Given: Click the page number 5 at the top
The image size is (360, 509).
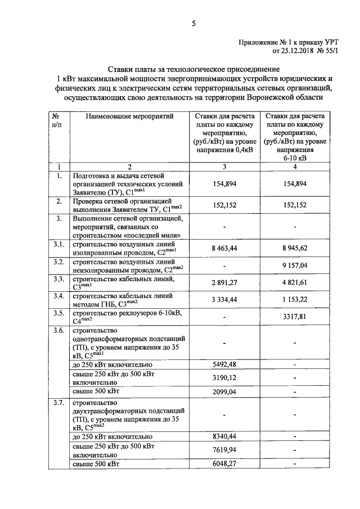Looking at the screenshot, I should pos(193,23).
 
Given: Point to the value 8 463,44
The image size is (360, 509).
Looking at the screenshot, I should pos(225,247).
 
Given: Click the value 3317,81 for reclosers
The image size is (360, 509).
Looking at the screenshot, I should pos(295,317).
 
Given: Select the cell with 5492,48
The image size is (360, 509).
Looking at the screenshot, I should pos(225,364).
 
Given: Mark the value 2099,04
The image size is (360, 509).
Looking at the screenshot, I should pos(225,391).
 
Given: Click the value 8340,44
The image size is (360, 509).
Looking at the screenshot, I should pos(225,436).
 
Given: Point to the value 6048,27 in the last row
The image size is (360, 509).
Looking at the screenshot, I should pos(225,464).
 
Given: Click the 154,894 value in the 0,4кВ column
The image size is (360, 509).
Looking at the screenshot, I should pos(225,184).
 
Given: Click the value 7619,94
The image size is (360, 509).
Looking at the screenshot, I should pos(225,450).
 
